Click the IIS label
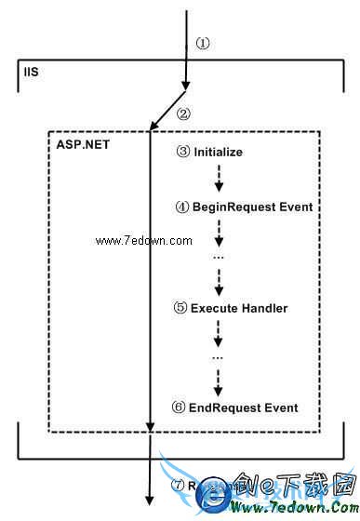[x=31, y=72]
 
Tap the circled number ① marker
[x=204, y=43]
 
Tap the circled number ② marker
[x=183, y=114]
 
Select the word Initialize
[x=218, y=152]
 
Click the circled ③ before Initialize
[x=184, y=152]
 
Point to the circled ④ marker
[x=183, y=207]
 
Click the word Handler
[x=264, y=307]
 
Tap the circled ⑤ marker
[x=183, y=307]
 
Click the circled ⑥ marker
[x=183, y=407]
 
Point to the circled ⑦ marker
[x=182, y=485]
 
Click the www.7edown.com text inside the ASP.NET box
[x=143, y=241]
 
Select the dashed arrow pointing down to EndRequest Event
[x=219, y=381]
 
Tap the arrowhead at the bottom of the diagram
[x=150, y=502]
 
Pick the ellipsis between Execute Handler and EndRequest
[x=219, y=357]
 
